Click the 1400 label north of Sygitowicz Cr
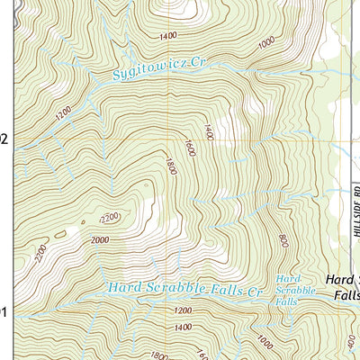[166, 37]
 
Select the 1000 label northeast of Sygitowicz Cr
[265, 42]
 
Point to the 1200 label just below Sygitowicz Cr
[62, 117]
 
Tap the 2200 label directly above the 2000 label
[109, 219]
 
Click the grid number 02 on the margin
[4, 139]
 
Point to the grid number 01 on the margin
[4, 312]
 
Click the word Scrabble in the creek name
[176, 289]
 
